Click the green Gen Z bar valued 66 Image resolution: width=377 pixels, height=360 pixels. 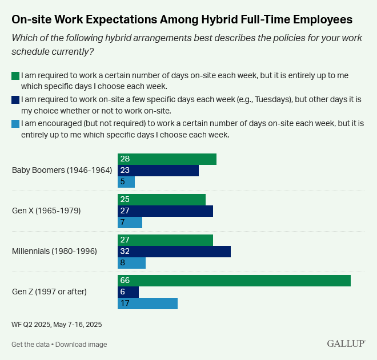(x=234, y=281)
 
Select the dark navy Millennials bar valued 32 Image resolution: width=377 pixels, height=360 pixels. (x=174, y=252)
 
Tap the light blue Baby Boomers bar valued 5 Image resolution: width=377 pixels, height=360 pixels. (x=126, y=182)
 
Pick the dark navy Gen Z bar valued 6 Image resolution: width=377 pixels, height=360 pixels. (x=128, y=292)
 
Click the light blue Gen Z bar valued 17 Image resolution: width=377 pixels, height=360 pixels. (x=147, y=304)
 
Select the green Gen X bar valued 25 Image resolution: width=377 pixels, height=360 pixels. (x=162, y=200)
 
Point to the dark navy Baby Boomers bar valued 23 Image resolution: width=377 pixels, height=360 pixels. (x=158, y=171)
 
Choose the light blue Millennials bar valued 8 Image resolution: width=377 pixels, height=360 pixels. (x=131, y=263)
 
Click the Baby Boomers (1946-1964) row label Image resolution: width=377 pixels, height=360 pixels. (x=62, y=170)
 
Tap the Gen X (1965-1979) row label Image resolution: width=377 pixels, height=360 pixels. (x=46, y=211)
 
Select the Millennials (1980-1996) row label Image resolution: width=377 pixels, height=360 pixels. (x=54, y=251)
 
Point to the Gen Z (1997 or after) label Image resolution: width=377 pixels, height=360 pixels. (x=49, y=292)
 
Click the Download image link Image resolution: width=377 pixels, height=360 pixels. (x=81, y=345)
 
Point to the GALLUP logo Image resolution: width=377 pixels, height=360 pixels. (x=346, y=343)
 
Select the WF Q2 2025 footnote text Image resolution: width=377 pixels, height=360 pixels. (x=57, y=324)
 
